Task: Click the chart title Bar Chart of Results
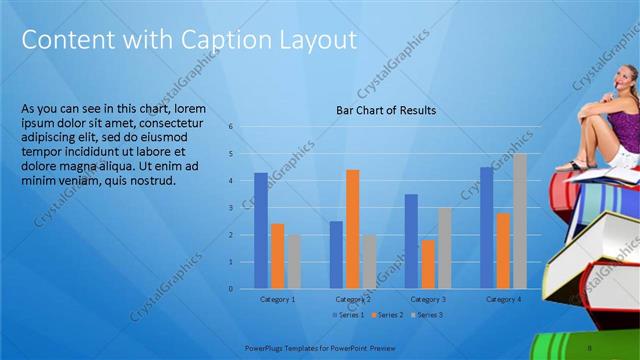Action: [386, 110]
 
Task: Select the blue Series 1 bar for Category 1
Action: [261, 231]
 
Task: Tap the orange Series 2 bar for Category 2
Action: [352, 229]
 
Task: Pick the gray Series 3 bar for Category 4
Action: [519, 221]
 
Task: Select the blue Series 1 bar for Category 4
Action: [486, 228]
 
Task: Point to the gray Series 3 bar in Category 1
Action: [293, 261]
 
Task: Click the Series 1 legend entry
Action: [349, 315]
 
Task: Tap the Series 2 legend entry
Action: [388, 315]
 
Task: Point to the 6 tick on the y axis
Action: [230, 127]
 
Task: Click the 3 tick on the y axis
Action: [230, 208]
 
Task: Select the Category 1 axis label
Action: [277, 299]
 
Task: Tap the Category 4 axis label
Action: [502, 299]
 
